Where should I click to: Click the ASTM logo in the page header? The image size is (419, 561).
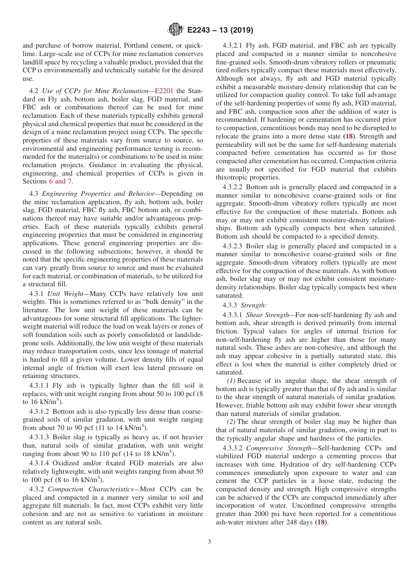coord(175,30)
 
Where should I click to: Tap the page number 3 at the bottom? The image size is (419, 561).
coord(209,542)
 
